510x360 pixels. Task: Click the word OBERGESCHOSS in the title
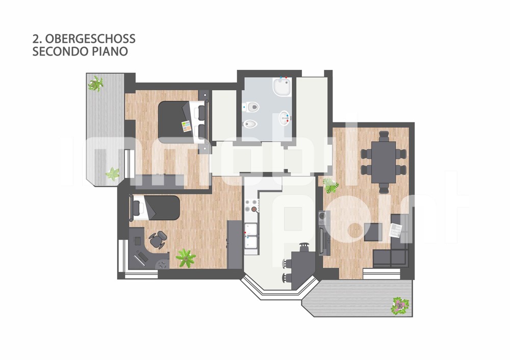pos(90,39)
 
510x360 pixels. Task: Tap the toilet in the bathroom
pos(251,107)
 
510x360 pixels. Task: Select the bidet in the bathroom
pos(250,124)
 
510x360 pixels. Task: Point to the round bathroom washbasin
pos(285,118)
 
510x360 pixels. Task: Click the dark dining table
pos(384,162)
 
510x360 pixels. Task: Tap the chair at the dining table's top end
pos(384,135)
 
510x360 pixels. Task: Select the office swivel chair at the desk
pos(158,240)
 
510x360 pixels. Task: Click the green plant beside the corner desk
pos(186,258)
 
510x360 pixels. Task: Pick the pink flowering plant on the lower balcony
pos(400,305)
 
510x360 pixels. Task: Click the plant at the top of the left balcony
pos(96,84)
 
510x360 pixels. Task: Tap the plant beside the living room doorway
pos(331,186)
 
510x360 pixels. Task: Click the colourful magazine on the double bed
pos(186,126)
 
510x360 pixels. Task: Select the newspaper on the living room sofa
pos(396,230)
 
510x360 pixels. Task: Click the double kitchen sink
pos(251,238)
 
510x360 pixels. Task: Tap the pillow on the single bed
pos(136,208)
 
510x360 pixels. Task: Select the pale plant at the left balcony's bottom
pos(113,174)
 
